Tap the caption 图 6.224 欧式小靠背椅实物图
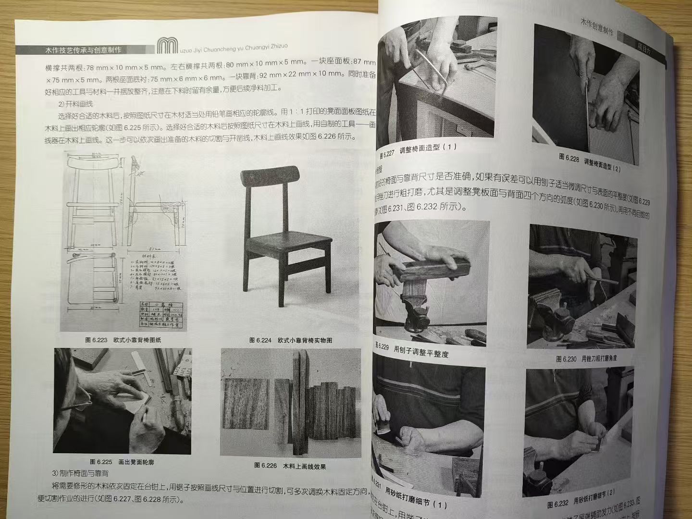(x=290, y=340)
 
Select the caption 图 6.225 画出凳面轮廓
(x=122, y=462)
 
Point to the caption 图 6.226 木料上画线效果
(x=290, y=466)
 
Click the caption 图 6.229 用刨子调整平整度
(x=413, y=350)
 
